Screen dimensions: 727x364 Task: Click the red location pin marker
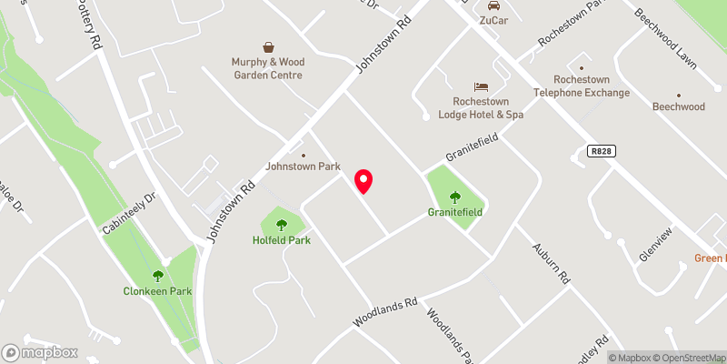[x=363, y=181]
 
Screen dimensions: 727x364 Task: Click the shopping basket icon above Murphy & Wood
[x=270, y=46]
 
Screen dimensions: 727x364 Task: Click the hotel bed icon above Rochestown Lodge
[x=482, y=86]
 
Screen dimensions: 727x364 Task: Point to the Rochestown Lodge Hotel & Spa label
[x=482, y=107]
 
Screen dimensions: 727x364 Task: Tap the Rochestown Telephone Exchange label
[x=580, y=86]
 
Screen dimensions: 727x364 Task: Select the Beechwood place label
[x=678, y=106]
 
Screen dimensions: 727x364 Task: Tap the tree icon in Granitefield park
[x=455, y=196]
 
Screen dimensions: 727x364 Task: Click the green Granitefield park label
[x=455, y=212]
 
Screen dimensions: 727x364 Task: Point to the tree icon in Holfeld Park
[x=282, y=223]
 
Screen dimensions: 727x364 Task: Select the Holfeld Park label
[x=282, y=240]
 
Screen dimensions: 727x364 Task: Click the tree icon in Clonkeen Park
[x=158, y=275]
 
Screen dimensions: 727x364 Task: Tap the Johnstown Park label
[x=303, y=167]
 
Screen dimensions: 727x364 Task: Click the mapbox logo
[x=40, y=352]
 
